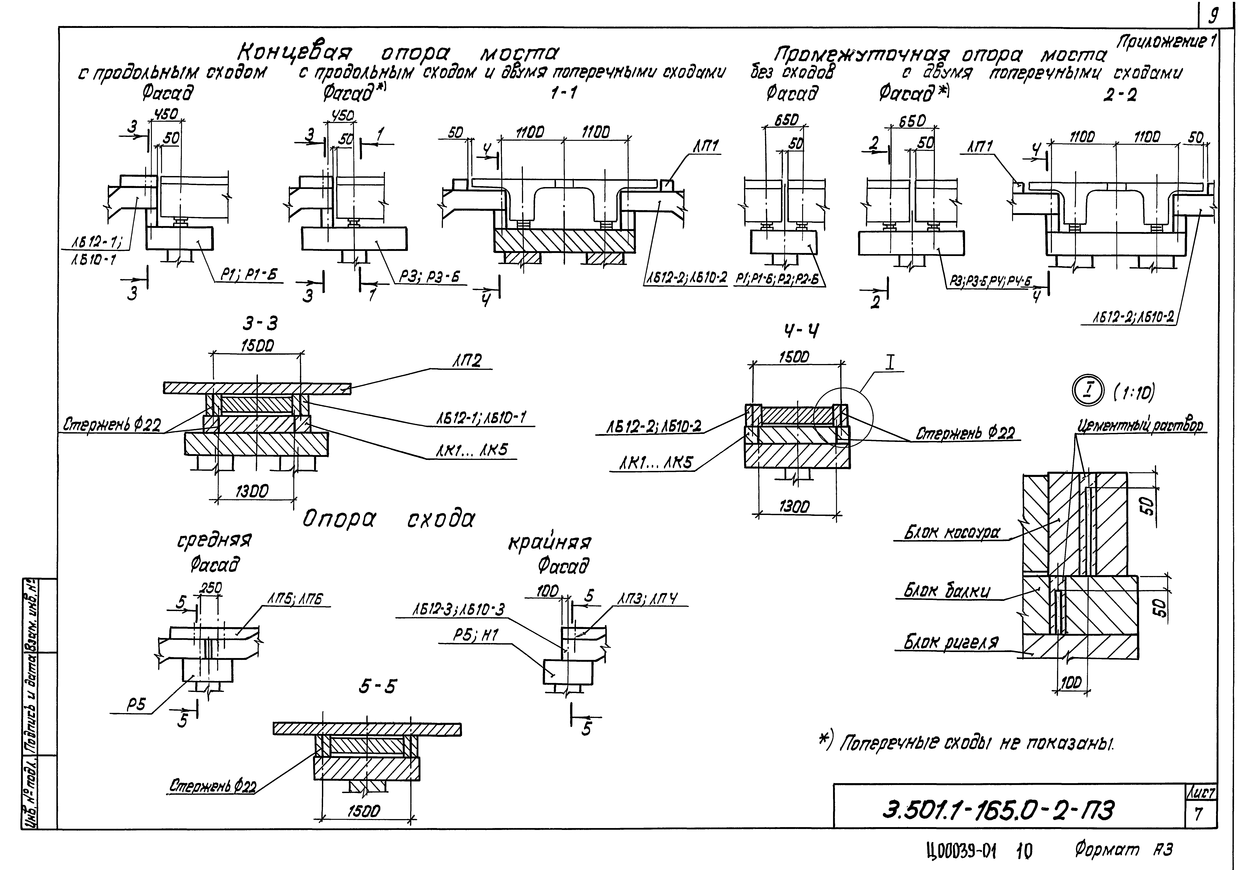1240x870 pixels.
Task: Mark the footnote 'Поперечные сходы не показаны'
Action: tap(967, 744)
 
